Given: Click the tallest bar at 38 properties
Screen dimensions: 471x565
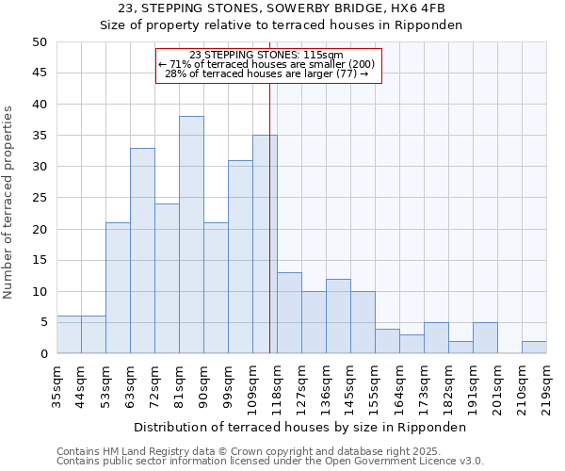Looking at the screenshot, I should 191,235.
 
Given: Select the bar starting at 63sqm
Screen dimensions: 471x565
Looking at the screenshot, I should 142,251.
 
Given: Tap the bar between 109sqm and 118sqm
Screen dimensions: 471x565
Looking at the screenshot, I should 265,244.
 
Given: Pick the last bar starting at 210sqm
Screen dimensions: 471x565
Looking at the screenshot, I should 534,348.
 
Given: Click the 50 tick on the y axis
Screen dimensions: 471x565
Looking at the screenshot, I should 40,42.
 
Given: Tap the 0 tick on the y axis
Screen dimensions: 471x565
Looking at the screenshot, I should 43,354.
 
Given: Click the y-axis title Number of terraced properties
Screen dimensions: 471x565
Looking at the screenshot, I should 9,203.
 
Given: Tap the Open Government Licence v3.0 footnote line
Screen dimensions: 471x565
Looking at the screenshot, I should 270,461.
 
